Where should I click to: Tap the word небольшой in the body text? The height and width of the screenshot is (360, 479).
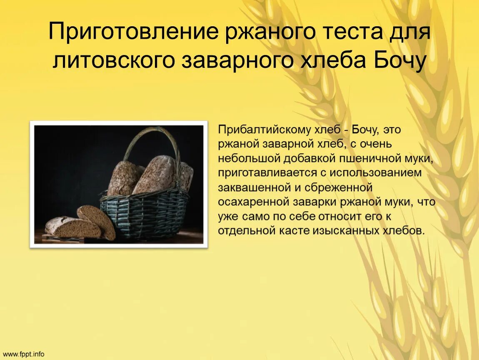(x=249, y=158)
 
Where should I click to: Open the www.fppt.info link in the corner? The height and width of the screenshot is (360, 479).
(x=24, y=354)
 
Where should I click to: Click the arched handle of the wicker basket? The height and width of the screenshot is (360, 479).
(x=152, y=137)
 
